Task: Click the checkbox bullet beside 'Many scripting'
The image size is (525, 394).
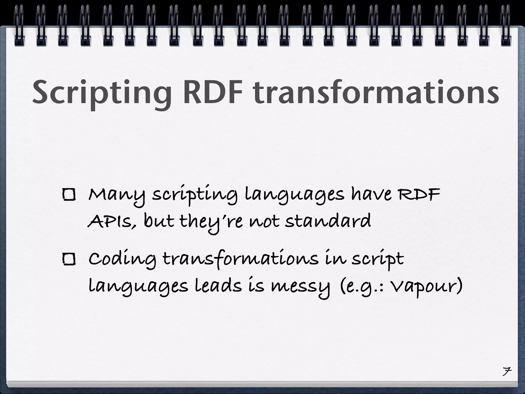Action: coord(69,195)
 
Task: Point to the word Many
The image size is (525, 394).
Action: coord(117,195)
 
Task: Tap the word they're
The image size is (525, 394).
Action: coord(211,222)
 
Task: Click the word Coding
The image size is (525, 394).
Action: coord(122,260)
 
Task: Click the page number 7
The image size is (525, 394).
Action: coord(506,371)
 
